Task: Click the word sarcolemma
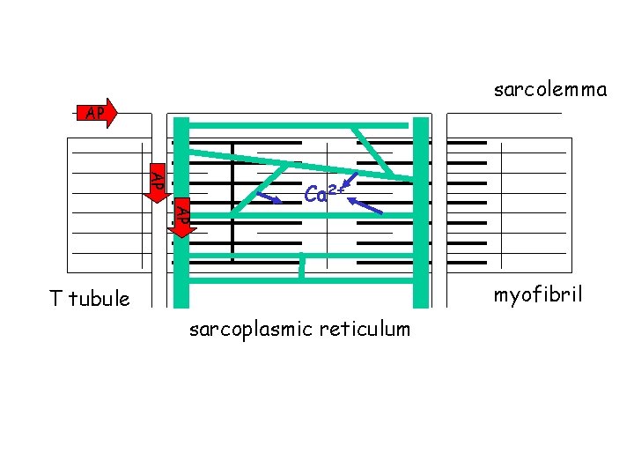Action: (x=550, y=89)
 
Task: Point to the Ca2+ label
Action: (x=326, y=191)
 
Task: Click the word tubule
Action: (x=99, y=299)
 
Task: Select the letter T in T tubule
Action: (x=55, y=299)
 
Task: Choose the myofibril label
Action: (x=537, y=295)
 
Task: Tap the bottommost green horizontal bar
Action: (x=299, y=280)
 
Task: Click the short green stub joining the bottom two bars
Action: (x=301, y=267)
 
